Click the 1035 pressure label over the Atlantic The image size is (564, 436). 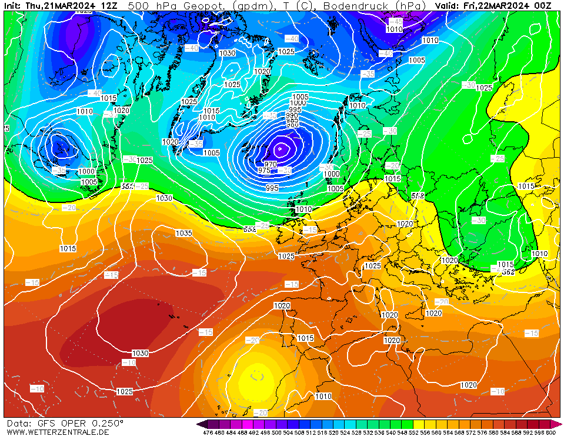click(183, 234)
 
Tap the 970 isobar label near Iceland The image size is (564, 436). click(271, 164)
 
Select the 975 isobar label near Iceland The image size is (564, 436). click(265, 170)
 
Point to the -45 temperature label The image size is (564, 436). click(395, 22)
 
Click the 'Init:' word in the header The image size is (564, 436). click(14, 6)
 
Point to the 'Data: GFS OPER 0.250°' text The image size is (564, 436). click(65, 423)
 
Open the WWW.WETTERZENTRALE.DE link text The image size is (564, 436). click(58, 432)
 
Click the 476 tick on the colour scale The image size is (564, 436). click(208, 432)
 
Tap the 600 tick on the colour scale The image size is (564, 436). click(550, 432)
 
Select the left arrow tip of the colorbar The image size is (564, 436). click(199, 424)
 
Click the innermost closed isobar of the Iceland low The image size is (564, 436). click(281, 149)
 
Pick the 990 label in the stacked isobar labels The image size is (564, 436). click(292, 116)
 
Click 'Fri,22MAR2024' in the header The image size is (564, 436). click(499, 6)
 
